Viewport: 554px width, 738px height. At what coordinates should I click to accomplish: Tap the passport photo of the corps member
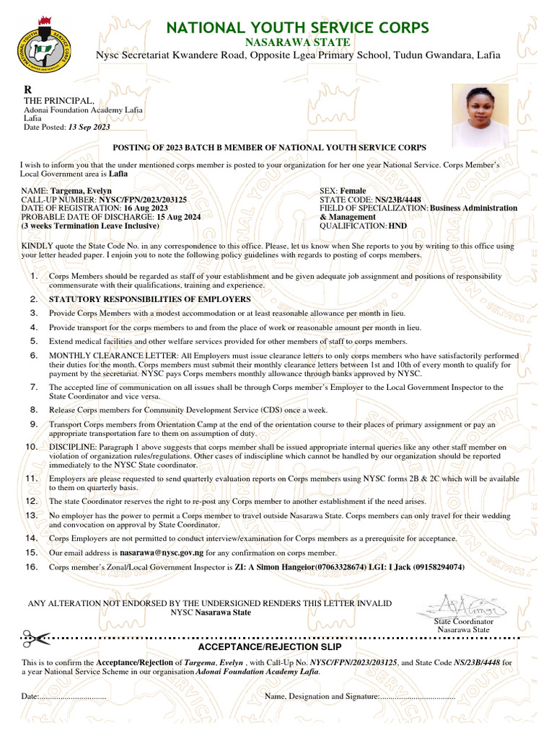(480, 115)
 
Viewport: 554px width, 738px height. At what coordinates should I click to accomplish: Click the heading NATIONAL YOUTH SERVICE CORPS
(298, 28)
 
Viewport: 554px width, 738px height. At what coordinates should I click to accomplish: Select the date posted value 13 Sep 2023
(89, 127)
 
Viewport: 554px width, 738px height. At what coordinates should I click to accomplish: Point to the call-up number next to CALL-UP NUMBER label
(143, 200)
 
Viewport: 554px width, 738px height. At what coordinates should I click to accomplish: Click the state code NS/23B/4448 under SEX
(398, 200)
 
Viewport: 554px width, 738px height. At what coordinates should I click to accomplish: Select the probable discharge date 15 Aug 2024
(178, 217)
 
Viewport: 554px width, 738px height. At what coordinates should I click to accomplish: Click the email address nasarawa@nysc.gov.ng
(162, 553)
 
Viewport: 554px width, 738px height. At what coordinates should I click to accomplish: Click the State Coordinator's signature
(462, 603)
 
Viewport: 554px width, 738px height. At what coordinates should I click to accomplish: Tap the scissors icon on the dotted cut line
(33, 637)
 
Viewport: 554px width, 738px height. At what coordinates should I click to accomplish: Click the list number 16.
(31, 567)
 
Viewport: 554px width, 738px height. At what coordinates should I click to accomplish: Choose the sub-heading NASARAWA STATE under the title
(298, 43)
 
